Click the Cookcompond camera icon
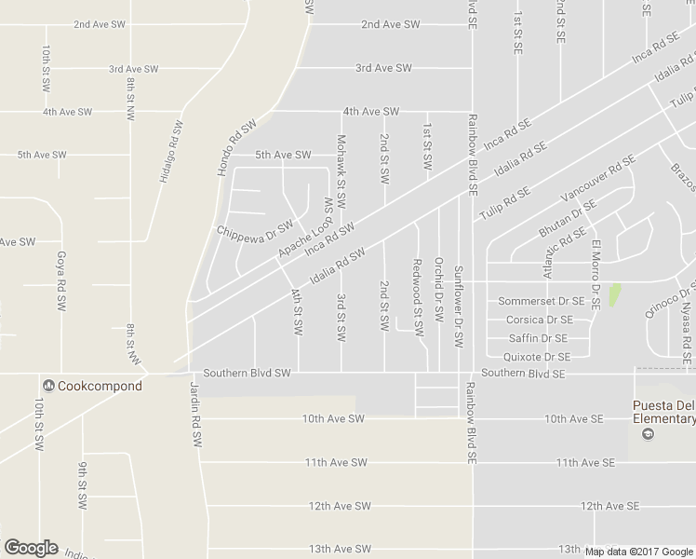click(x=47, y=386)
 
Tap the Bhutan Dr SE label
click(x=567, y=218)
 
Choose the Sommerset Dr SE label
click(x=542, y=302)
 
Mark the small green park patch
click(x=614, y=297)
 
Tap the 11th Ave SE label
click(x=584, y=462)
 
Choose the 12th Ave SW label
click(x=340, y=506)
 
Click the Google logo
click(x=30, y=548)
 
